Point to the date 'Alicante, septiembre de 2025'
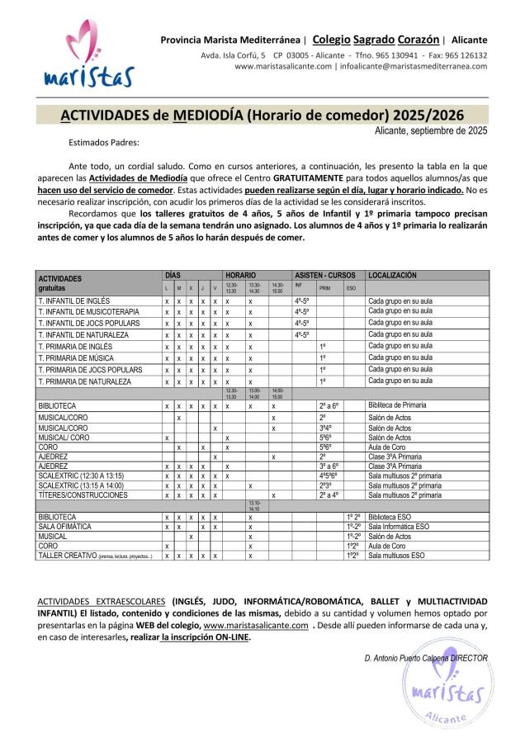coord(430,130)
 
